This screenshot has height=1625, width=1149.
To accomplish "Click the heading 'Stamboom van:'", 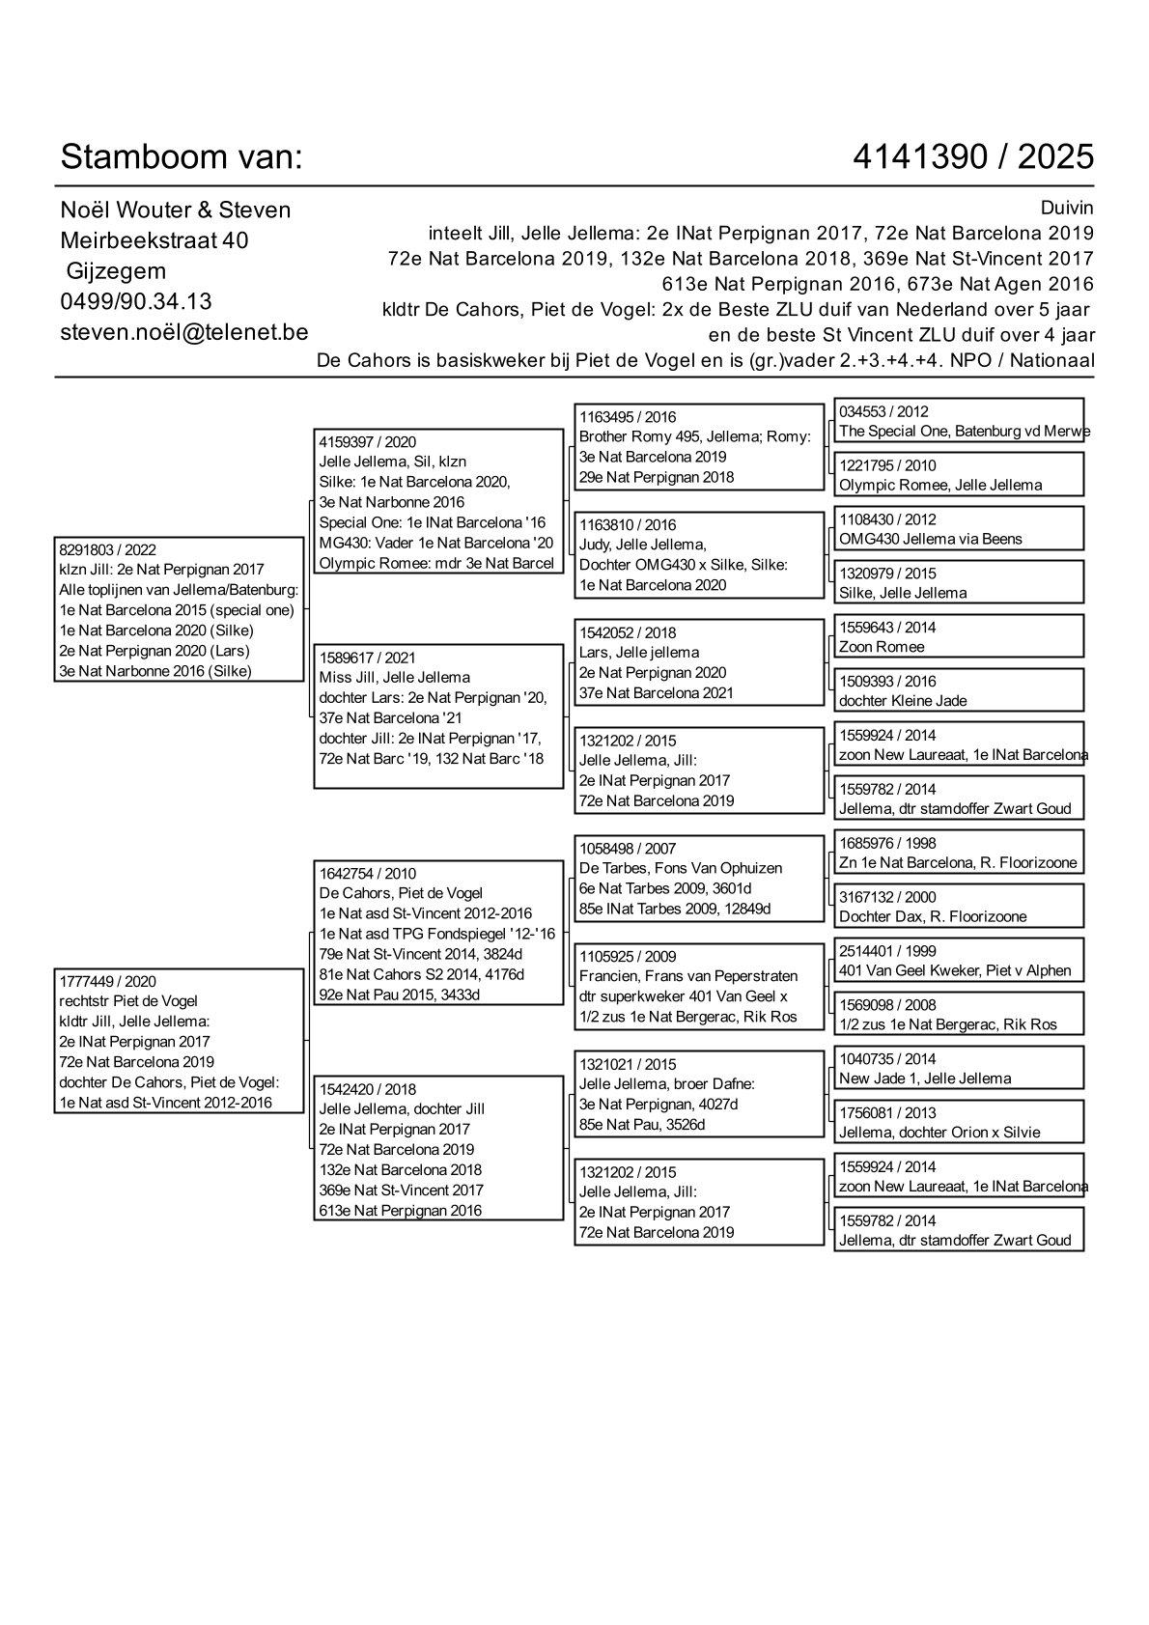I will click(x=182, y=156).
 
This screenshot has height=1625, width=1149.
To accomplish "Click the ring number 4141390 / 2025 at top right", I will click(x=973, y=156).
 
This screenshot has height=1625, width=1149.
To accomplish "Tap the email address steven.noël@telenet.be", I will click(x=183, y=332).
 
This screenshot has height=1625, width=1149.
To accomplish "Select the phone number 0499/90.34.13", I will click(x=136, y=301).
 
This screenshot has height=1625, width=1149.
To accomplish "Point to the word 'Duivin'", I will click(x=1067, y=208).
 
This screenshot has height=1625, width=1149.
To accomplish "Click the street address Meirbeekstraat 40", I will click(x=154, y=239).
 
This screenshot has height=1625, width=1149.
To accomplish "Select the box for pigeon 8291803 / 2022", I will click(x=180, y=609).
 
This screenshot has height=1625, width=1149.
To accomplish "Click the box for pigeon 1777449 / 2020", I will click(x=180, y=1041).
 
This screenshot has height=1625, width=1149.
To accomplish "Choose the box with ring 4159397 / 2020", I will click(x=438, y=502).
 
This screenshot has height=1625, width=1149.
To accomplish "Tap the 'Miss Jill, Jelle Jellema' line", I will click(x=395, y=678).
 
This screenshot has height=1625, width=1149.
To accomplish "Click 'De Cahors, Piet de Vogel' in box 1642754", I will click(x=401, y=893).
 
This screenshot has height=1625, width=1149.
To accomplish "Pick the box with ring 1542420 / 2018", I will click(x=438, y=1149).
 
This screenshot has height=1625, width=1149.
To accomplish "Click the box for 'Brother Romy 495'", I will click(x=699, y=447).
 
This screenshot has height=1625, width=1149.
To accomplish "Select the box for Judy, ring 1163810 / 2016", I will click(x=699, y=555).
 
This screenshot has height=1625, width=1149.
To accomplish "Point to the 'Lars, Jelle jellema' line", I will click(x=639, y=653).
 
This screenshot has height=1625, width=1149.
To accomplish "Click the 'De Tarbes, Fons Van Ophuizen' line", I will click(x=681, y=868).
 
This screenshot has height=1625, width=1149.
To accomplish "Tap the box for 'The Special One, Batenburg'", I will click(x=959, y=421).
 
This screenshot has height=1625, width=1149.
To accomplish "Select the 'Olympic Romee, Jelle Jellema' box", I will click(x=959, y=475).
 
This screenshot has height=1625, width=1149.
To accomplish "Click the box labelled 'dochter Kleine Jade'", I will click(x=959, y=691).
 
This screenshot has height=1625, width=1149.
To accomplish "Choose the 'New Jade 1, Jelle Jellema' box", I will click(x=959, y=1069).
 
